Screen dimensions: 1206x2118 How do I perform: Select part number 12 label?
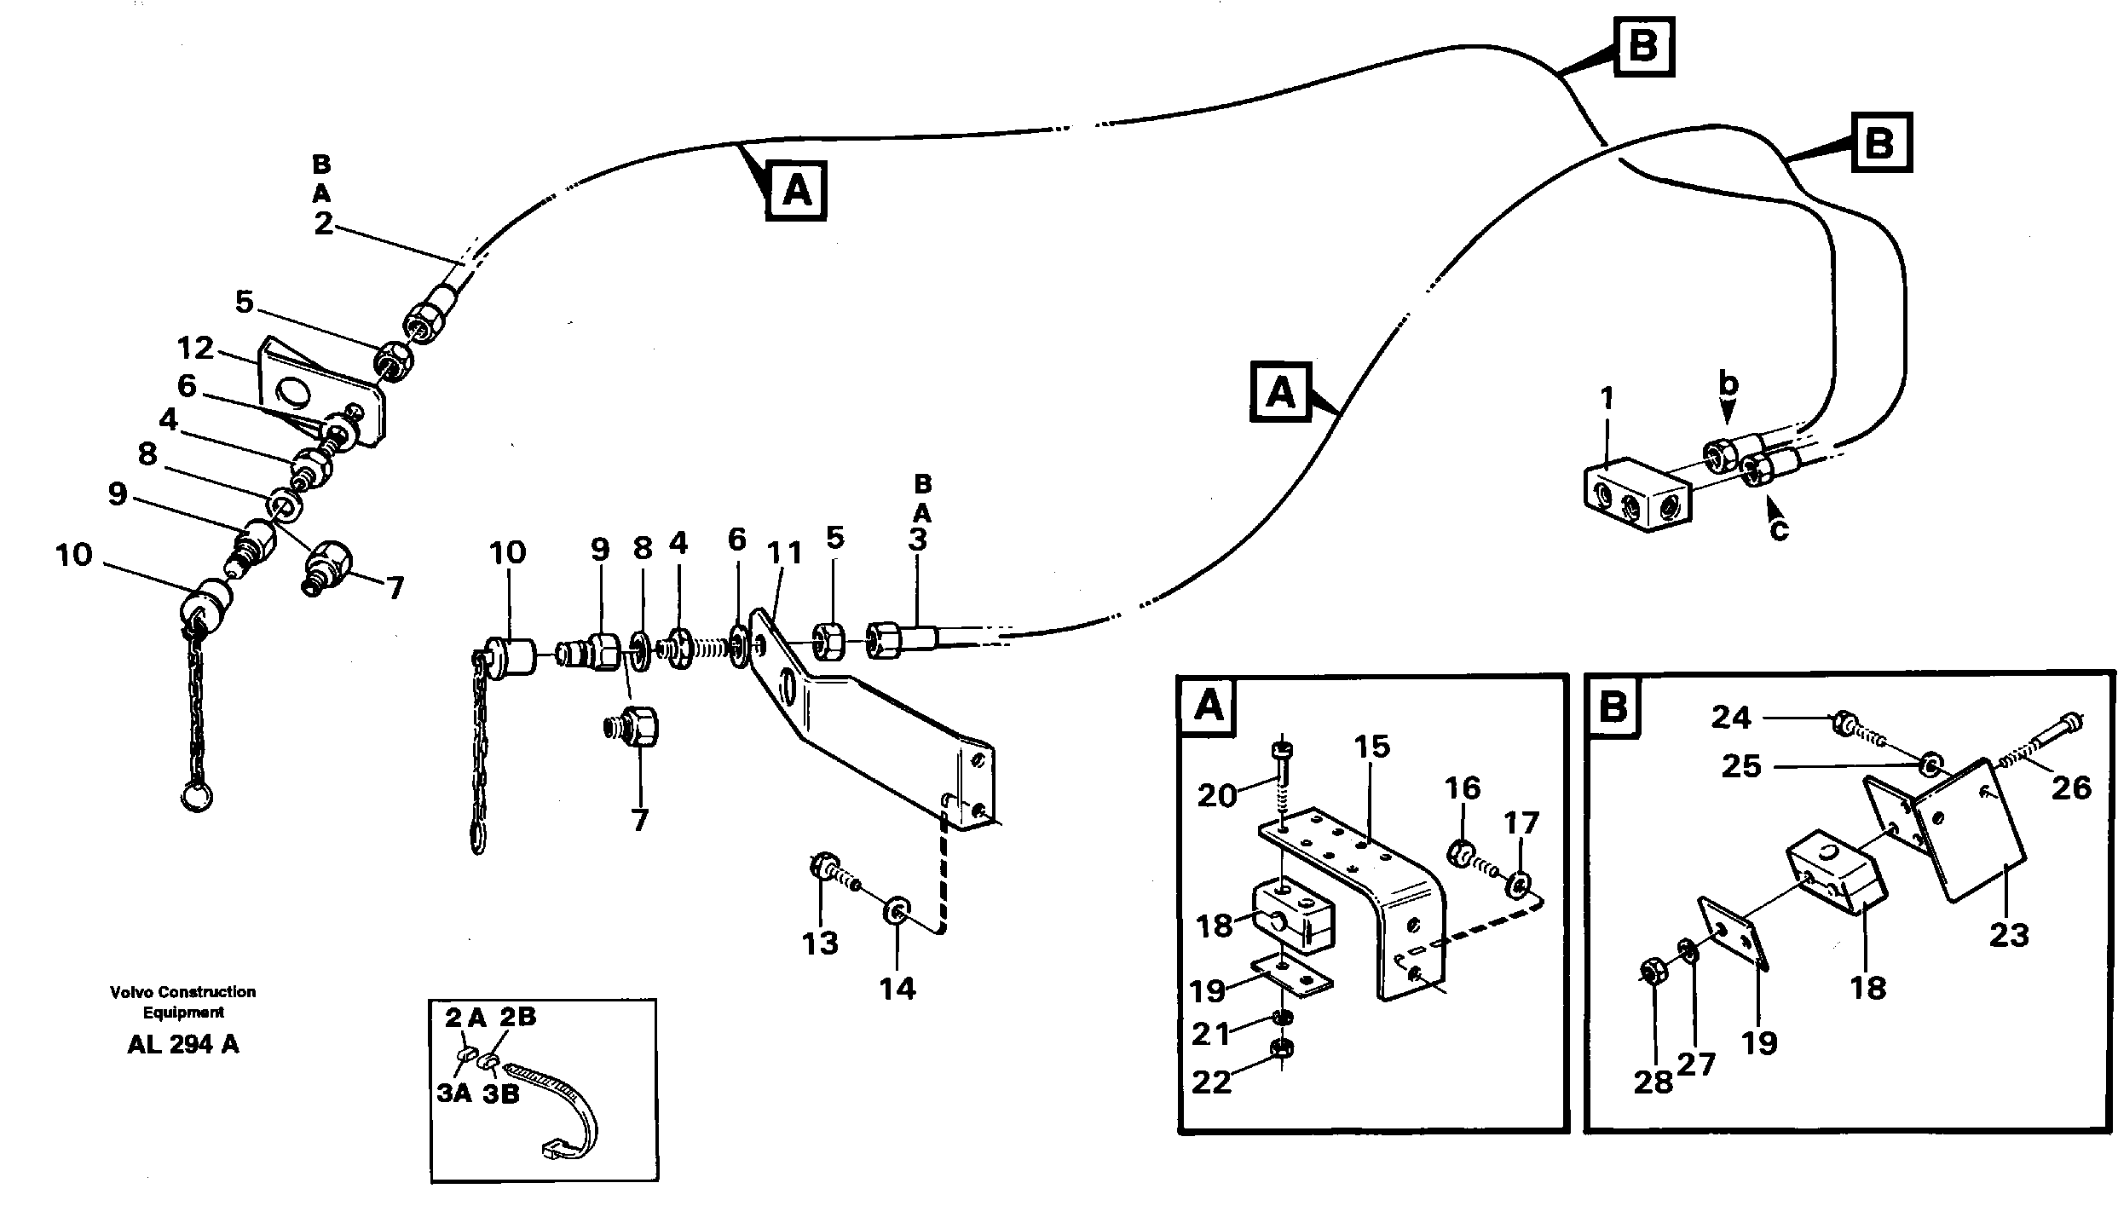tap(195, 349)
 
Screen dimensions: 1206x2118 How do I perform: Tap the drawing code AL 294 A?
tap(183, 1045)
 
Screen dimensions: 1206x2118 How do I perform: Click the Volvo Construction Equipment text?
tap(182, 1002)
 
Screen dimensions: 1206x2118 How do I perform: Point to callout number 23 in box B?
tap(2009, 935)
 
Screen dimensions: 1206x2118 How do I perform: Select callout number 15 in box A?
tap(1371, 747)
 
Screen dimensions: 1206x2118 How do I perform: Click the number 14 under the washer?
tap(897, 989)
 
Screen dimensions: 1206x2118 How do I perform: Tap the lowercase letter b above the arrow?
tap(1728, 384)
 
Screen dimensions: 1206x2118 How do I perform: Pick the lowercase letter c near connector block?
tap(1779, 531)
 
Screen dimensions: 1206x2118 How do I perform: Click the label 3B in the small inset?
tap(500, 1094)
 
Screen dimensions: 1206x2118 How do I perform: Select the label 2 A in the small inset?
tap(465, 1017)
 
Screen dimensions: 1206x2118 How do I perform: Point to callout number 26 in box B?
tap(2071, 788)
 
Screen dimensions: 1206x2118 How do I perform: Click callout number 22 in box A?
tap(1211, 1082)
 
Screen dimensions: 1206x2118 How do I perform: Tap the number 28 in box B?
tap(1653, 1082)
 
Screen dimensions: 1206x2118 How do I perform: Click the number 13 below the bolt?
tap(820, 943)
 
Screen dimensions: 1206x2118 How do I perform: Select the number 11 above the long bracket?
tap(785, 553)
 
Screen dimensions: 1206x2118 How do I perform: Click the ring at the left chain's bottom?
tap(197, 798)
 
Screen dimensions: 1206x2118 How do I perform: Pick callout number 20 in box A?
tap(1216, 795)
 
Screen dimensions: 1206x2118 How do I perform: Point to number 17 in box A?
tap(1521, 823)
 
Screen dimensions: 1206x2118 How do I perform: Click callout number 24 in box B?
tap(1731, 718)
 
